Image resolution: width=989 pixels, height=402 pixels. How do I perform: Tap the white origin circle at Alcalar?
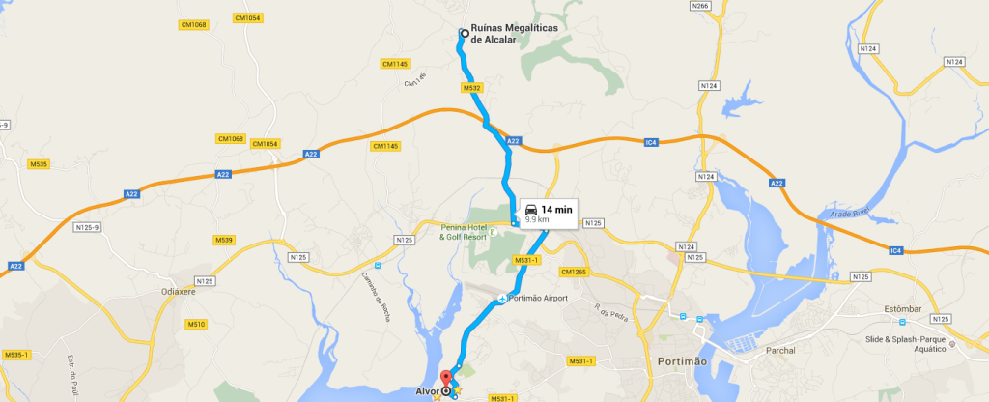pyautogui.click(x=464, y=33)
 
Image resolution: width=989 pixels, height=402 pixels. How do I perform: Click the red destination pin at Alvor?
pyautogui.click(x=445, y=379)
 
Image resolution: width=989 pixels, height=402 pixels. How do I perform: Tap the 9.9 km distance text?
pyautogui.click(x=537, y=220)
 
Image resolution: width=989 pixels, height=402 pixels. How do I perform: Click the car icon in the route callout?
pyautogui.click(x=531, y=209)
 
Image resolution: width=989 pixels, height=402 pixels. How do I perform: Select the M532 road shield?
pyautogui.click(x=472, y=88)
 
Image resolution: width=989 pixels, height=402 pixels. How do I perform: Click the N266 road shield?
pyautogui.click(x=701, y=6)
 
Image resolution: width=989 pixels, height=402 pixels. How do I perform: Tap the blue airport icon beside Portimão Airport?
pyautogui.click(x=501, y=298)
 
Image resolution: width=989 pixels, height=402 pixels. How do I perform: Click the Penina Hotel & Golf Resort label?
pyautogui.click(x=463, y=231)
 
